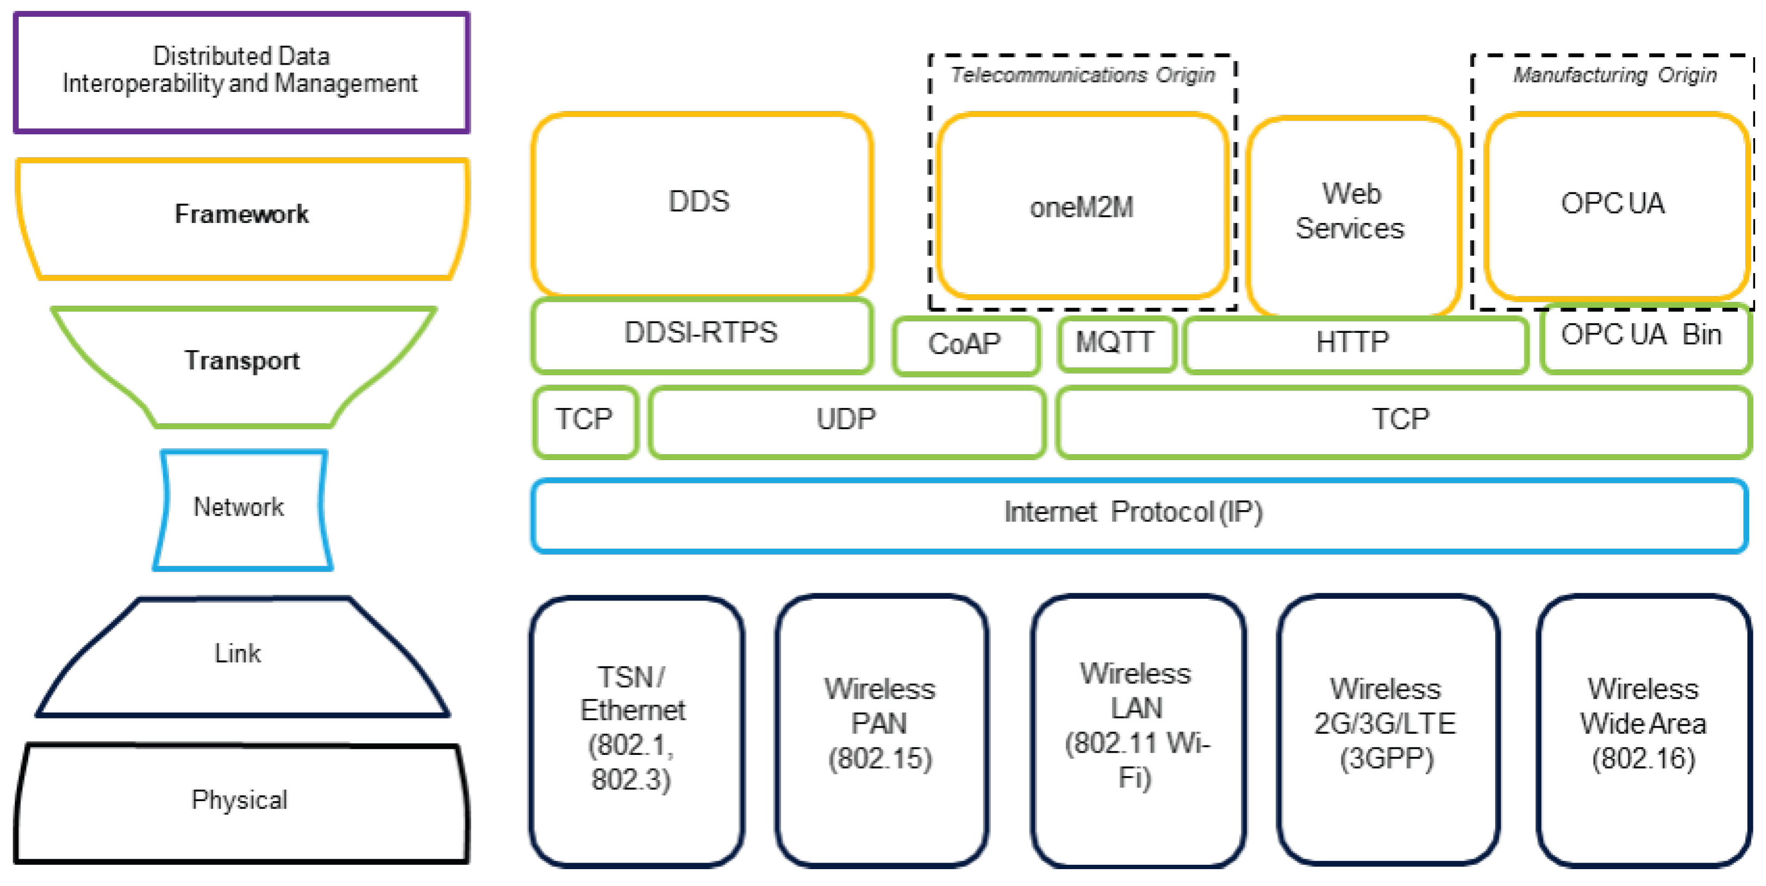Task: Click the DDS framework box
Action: coord(701,203)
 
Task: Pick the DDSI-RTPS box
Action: coord(701,334)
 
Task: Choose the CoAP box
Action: coord(965,345)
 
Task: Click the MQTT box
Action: coord(1116,343)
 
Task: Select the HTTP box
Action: coord(1354,343)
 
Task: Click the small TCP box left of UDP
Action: coord(585,420)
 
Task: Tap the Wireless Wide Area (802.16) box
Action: coord(1644,725)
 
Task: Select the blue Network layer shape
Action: coord(240,508)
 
